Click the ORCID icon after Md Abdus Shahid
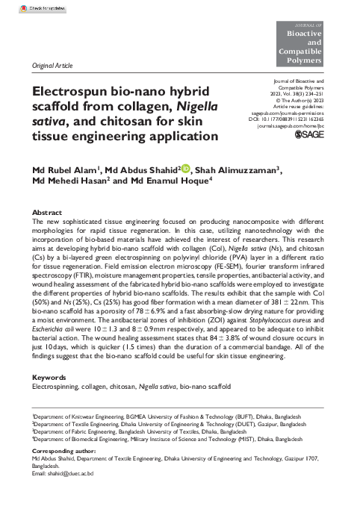click(186, 170)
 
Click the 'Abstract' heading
click(48, 213)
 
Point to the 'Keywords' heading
click(50, 378)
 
